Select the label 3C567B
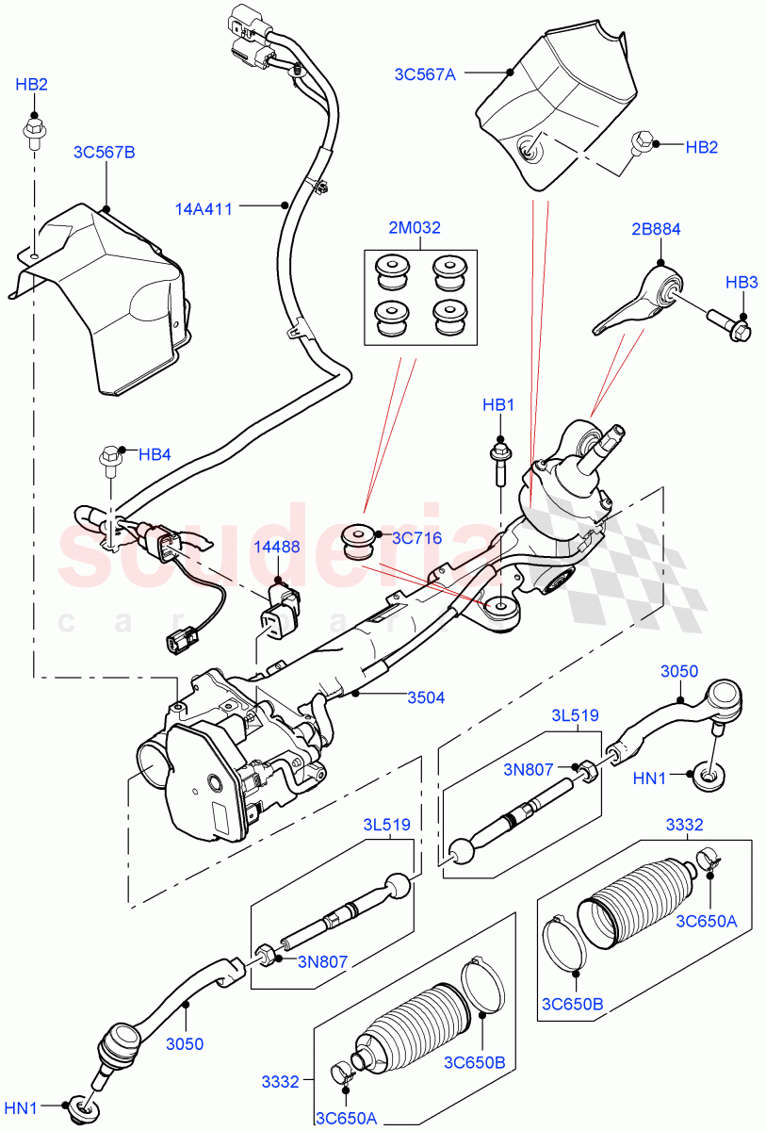pos(104,151)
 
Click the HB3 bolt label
pos(742,282)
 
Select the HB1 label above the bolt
pos(498,405)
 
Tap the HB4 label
pos(155,453)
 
